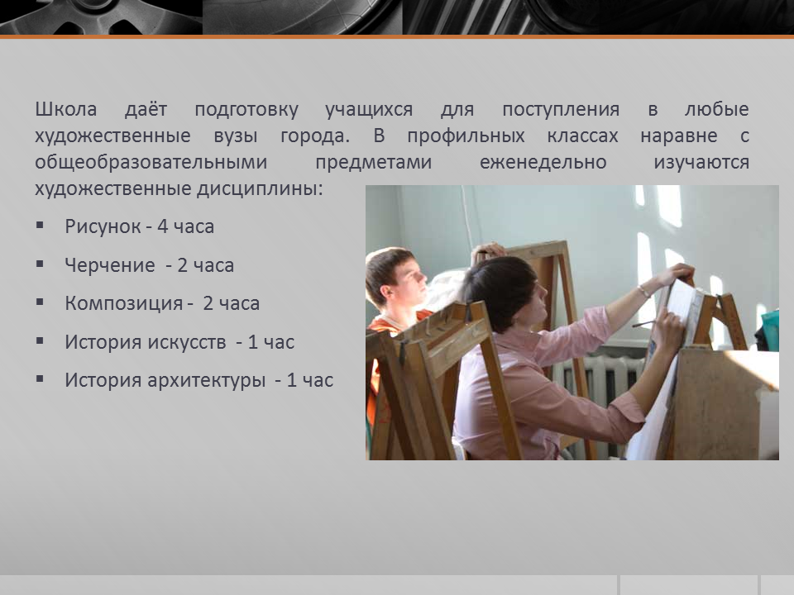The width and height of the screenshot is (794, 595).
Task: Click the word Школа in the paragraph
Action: click(x=66, y=109)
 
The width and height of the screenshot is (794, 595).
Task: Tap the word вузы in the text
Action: click(x=236, y=136)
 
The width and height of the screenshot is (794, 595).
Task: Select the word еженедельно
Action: click(x=543, y=163)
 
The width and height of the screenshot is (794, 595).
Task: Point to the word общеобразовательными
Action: click(x=151, y=163)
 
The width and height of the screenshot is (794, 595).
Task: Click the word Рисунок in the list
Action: click(x=103, y=226)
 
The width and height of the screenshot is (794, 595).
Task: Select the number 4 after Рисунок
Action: click(x=163, y=226)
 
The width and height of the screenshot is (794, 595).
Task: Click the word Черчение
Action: click(x=110, y=265)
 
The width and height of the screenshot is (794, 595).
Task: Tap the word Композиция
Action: click(x=123, y=303)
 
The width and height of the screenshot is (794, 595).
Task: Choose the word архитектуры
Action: click(x=207, y=380)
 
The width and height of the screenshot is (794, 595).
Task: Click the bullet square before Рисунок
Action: click(x=40, y=225)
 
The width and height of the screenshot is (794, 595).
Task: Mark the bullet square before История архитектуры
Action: click(x=40, y=379)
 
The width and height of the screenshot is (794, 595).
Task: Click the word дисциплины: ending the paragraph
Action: click(x=260, y=189)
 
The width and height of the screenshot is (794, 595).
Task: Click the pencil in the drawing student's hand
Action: click(x=644, y=323)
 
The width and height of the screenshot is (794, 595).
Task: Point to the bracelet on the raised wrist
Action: click(x=643, y=291)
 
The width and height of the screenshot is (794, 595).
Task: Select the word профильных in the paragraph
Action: click(x=466, y=136)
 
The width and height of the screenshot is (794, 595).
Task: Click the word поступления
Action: click(x=561, y=110)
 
